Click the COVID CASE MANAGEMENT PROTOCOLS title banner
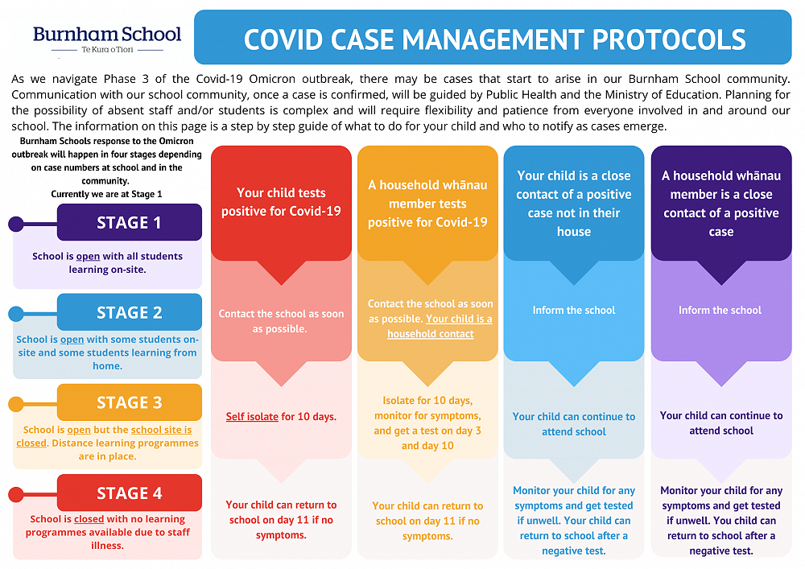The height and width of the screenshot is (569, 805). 494,38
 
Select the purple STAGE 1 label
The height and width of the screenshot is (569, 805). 129,223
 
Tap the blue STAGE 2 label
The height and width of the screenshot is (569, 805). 129,313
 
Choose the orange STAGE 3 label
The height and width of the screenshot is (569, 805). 129,403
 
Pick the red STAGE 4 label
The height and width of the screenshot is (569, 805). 129,493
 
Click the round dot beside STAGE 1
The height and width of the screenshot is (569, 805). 16,224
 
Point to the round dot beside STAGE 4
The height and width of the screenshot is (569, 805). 16,494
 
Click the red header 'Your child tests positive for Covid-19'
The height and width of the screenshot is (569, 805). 281,202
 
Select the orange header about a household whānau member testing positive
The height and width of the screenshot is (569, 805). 427,203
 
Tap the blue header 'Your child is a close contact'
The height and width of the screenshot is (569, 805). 574,203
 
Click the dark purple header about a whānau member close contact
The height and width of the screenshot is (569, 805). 720,203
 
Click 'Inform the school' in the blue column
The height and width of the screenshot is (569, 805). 574,310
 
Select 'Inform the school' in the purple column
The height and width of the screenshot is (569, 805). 720,310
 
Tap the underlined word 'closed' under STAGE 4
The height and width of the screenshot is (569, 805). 89,519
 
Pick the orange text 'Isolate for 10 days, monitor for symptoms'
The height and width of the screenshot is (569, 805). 427,408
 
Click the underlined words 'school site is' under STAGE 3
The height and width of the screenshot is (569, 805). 161,430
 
